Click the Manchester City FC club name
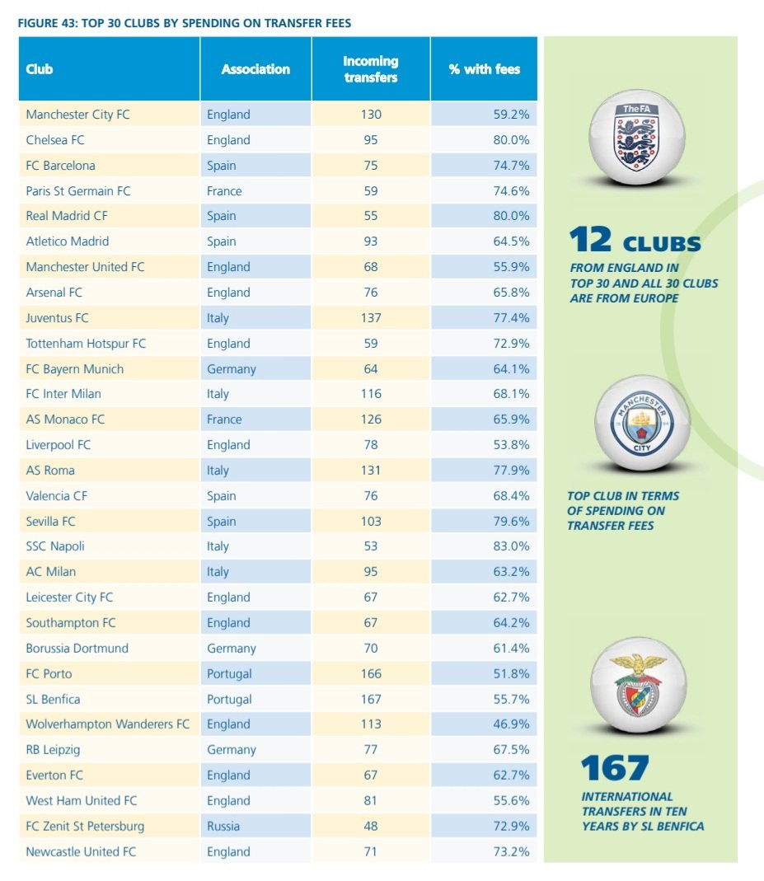tap(77, 115)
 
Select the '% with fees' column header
tap(484, 69)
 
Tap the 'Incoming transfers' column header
tap(370, 69)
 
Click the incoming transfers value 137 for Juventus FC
tap(371, 318)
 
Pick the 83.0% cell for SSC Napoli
tap(511, 546)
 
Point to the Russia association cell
tap(223, 826)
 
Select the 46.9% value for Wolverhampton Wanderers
tap(511, 724)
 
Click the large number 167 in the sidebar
tap(615, 768)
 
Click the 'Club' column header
tap(40, 69)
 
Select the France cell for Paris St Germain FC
tap(224, 191)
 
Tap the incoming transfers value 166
tap(371, 673)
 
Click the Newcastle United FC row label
tap(80, 851)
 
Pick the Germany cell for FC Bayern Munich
tap(232, 369)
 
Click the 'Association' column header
tap(255, 69)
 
